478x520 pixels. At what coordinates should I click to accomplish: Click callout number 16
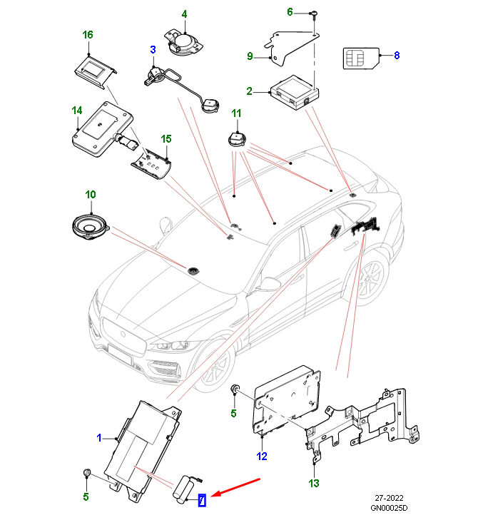click(88, 34)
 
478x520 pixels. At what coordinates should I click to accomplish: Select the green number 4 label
click(183, 14)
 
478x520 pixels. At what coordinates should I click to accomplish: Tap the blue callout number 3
click(152, 49)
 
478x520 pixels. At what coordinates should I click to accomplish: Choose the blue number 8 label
click(397, 54)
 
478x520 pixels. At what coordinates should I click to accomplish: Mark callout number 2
click(250, 91)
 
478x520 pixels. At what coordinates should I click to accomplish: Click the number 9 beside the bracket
click(250, 56)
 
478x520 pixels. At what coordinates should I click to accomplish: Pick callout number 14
click(77, 111)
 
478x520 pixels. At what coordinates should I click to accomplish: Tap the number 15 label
click(166, 138)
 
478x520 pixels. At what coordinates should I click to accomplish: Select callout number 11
click(236, 113)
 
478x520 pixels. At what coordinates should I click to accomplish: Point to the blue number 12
click(262, 456)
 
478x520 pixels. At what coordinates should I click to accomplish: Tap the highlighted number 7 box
click(202, 501)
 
